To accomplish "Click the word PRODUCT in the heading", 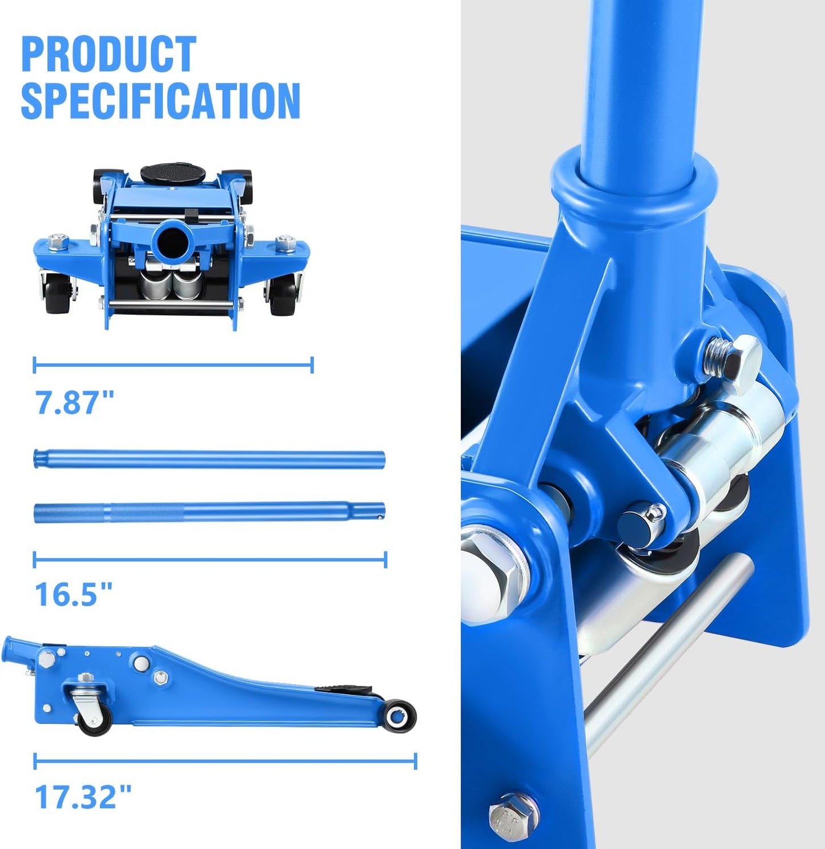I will (x=108, y=55).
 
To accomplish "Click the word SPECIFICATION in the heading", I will (x=160, y=101).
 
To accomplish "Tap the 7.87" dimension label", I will (x=75, y=402).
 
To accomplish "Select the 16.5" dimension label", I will (x=74, y=595).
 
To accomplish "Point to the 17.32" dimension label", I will (x=83, y=796).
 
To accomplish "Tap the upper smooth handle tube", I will (x=209, y=459).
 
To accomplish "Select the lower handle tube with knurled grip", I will (x=209, y=512).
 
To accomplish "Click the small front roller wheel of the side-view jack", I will (x=399, y=715).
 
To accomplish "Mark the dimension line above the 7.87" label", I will (x=173, y=365).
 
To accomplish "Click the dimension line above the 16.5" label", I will (x=210, y=559).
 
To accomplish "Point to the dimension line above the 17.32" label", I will (x=225, y=761).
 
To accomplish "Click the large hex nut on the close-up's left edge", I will (x=491, y=574).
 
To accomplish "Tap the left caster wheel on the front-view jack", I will (x=58, y=293).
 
